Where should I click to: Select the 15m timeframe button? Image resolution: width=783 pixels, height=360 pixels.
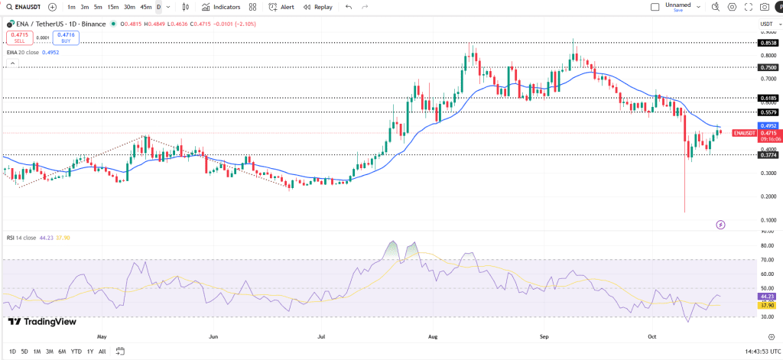(112, 7)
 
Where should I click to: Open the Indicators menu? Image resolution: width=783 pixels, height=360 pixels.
(221, 7)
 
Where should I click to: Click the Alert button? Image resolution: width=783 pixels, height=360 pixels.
(282, 7)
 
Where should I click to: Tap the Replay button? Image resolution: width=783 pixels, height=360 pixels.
(318, 7)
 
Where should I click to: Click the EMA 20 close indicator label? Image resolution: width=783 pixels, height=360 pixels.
(24, 52)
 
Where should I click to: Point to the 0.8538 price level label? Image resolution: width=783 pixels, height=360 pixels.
(768, 44)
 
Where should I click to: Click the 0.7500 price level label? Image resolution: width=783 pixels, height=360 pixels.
(768, 67)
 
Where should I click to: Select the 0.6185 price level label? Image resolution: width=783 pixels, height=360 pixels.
(768, 98)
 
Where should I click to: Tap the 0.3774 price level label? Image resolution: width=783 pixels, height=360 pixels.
(768, 155)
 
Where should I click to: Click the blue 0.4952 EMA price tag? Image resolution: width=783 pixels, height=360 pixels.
(768, 125)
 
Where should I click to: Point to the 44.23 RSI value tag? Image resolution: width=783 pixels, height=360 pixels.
(768, 297)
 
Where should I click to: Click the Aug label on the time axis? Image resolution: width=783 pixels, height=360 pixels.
(434, 336)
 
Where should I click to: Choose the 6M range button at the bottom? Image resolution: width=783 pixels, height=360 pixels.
(62, 351)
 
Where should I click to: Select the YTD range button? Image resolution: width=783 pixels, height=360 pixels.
(76, 351)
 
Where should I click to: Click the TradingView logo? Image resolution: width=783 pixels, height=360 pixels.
(42, 322)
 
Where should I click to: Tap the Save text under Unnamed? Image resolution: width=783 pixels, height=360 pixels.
(678, 11)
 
